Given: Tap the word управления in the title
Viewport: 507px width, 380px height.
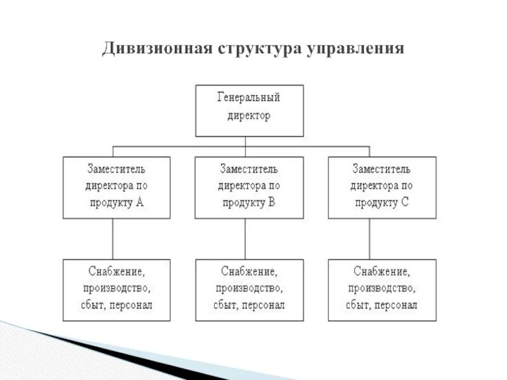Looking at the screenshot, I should [x=356, y=49].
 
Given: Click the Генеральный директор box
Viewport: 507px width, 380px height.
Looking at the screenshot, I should [x=249, y=111].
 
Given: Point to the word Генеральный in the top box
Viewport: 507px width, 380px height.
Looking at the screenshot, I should [x=249, y=98].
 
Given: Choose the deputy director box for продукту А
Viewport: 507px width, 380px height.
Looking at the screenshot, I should [x=117, y=187].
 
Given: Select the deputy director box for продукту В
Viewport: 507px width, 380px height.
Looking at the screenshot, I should [x=249, y=187].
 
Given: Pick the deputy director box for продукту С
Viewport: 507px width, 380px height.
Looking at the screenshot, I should [x=382, y=187].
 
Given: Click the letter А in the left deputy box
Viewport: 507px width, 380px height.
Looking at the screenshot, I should [x=140, y=203].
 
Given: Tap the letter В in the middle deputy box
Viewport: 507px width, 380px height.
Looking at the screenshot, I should [x=272, y=203].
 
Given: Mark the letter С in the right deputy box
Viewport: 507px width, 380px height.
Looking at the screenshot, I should [x=404, y=203].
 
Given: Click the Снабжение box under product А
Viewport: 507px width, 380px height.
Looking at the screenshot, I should [x=117, y=289].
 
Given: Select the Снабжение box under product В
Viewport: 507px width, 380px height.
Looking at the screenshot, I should [x=249, y=289].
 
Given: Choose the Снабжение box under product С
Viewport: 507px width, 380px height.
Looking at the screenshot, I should [x=382, y=289].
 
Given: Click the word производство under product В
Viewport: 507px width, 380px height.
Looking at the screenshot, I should [x=249, y=289].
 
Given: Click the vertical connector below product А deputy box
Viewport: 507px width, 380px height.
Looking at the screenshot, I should [x=113, y=239].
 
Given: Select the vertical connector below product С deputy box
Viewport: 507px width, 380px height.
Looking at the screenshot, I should [x=370, y=239].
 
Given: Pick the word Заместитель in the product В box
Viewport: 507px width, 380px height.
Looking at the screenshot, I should [x=249, y=170].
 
